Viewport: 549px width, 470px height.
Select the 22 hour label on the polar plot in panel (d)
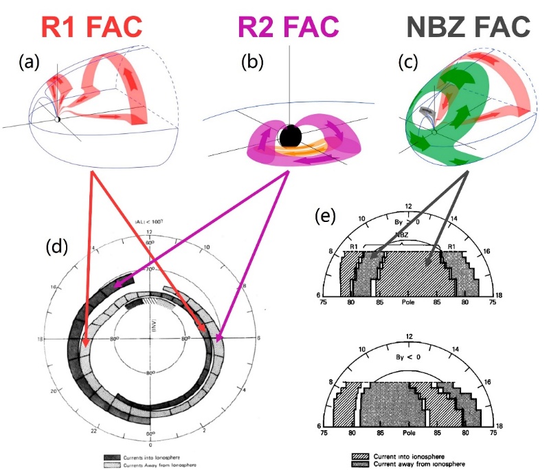(90, 423)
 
